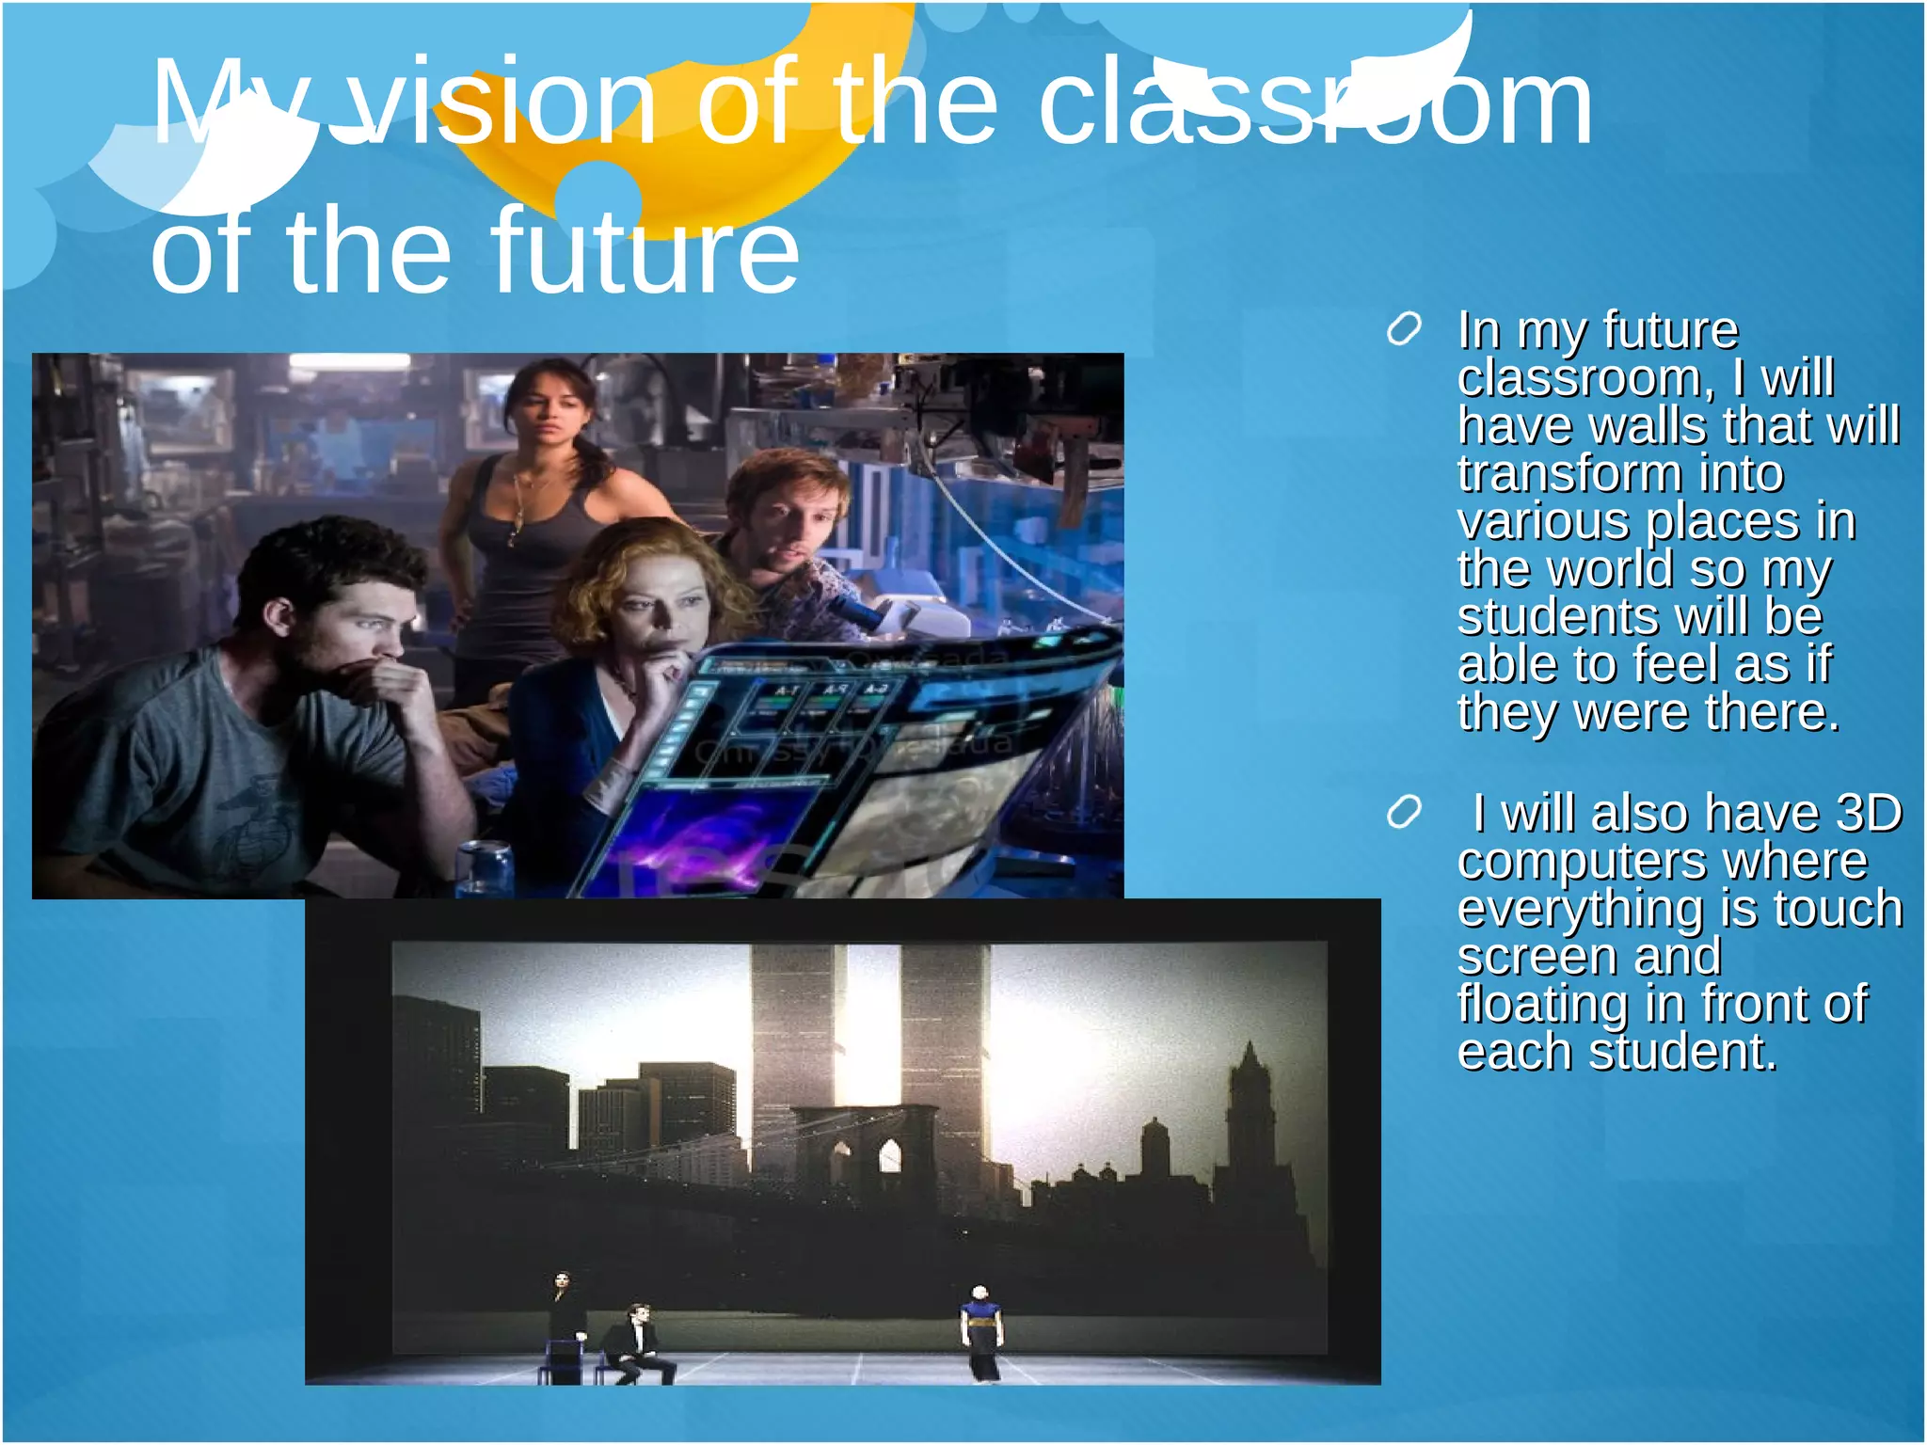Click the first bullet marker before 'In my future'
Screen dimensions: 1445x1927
[x=1403, y=330]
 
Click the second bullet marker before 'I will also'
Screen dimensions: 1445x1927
[x=1403, y=813]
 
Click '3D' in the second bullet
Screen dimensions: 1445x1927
[x=1869, y=813]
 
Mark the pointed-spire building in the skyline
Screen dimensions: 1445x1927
[x=1249, y=1110]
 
